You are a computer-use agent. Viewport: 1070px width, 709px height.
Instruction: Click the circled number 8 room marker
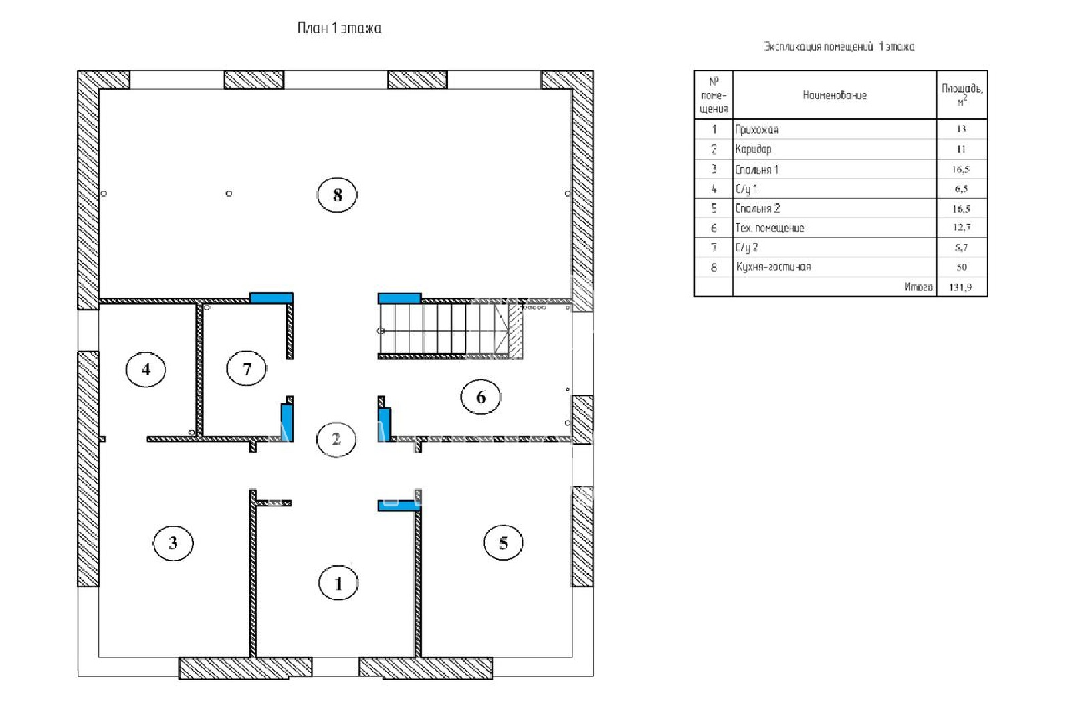[337, 195]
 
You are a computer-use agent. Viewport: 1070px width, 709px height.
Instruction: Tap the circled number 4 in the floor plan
[146, 369]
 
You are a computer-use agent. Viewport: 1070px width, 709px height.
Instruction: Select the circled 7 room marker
[247, 369]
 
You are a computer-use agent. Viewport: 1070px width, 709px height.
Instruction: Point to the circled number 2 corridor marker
[336, 439]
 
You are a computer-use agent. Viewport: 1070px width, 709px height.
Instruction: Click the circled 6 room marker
[481, 397]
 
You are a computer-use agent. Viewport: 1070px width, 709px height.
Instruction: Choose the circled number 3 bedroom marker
[173, 542]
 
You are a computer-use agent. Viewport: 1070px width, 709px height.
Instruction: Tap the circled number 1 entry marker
[338, 583]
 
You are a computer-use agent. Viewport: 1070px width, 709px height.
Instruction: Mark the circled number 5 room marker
[503, 543]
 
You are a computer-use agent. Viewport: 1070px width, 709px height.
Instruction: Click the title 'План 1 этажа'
[339, 28]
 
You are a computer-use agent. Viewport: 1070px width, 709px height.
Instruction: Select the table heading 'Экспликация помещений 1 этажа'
[839, 47]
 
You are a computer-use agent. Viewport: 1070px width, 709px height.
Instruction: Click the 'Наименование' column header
[835, 95]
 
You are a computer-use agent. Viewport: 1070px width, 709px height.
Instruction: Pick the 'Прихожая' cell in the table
[756, 130]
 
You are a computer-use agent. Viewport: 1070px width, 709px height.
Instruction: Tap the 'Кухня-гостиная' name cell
[773, 267]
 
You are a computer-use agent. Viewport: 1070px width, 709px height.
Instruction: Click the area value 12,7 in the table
[962, 227]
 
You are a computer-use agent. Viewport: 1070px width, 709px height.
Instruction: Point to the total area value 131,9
[960, 287]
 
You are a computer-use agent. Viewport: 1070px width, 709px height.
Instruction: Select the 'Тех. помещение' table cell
[770, 228]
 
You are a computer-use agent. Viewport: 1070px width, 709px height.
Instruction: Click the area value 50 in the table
[962, 267]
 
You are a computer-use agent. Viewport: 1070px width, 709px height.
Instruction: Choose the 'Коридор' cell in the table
[753, 149]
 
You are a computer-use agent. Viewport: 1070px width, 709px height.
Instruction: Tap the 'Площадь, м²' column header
[962, 94]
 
